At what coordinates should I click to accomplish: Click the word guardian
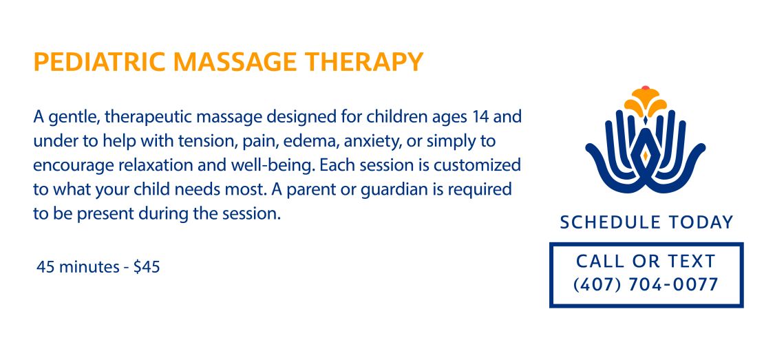tap(397, 189)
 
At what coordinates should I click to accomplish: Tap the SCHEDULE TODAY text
tap(646, 222)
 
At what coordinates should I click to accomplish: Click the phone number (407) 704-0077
tap(646, 284)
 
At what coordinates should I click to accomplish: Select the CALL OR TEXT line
tap(646, 262)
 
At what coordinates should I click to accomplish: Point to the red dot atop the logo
tap(646, 87)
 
